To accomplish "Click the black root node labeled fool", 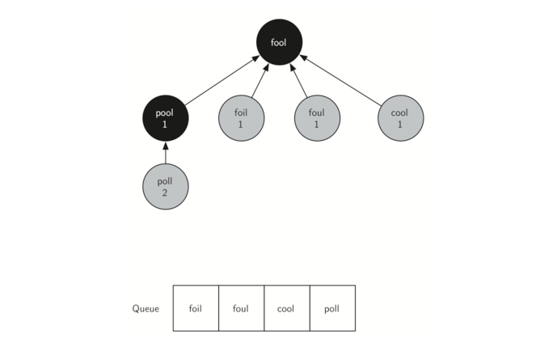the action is tap(279, 42).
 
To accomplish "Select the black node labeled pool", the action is tap(166, 118).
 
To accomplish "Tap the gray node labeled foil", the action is tap(241, 118).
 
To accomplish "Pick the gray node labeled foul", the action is tap(317, 118).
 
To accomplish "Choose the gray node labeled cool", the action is tap(401, 118).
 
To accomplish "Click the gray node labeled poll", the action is tap(166, 187).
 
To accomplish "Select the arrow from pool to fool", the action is tap(222, 80).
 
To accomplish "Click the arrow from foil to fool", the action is tap(260, 80).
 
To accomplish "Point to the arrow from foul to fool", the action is tap(298, 80).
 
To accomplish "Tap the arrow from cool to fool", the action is tap(340, 80).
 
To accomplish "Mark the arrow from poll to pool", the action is tap(166, 152).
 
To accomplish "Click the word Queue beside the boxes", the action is tap(146, 308).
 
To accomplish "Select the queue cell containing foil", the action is tap(196, 308).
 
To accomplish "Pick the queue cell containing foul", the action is tap(242, 308).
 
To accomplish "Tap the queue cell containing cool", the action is tap(287, 308).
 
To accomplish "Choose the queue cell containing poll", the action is tap(332, 308).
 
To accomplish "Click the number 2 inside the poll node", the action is tap(165, 193).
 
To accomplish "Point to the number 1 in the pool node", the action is tap(165, 125).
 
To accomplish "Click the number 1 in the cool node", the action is tap(400, 125).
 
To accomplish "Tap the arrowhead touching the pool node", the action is tap(166, 146).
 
